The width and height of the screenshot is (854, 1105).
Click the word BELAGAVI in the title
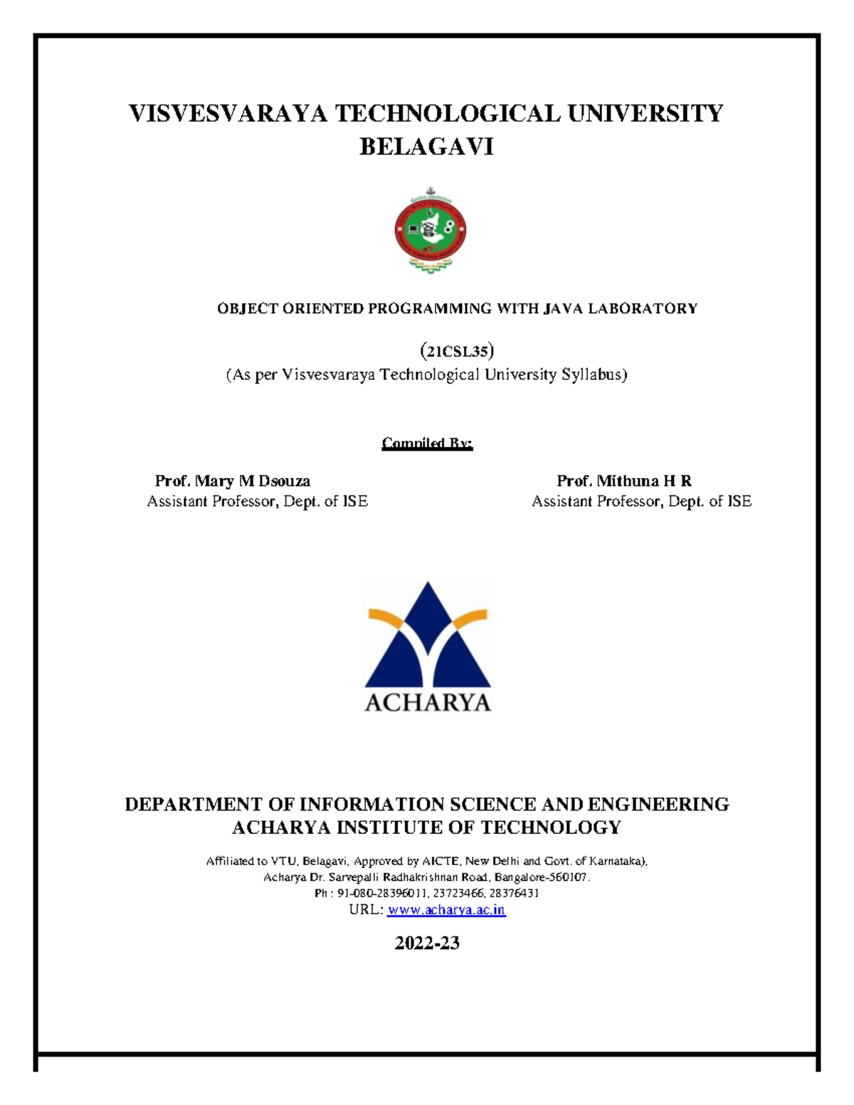tap(426, 147)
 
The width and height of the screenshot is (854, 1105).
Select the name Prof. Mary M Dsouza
tap(233, 481)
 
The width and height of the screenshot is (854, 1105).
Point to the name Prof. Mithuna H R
tap(624, 481)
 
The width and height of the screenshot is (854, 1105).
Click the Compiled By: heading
tap(427, 443)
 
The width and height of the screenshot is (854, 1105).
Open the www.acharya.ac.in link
tap(446, 910)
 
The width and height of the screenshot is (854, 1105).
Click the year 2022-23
tap(427, 943)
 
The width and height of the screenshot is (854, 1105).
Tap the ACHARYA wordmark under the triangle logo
tap(428, 702)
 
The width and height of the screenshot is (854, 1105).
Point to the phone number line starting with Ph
tap(427, 893)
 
